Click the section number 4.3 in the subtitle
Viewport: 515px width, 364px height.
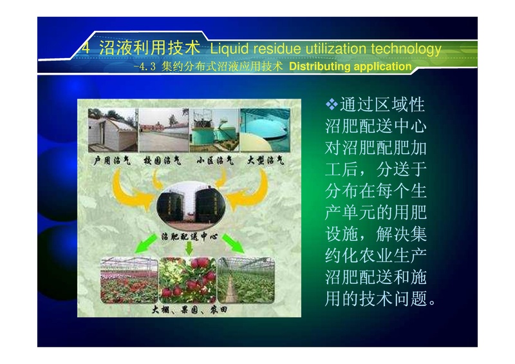pos(145,67)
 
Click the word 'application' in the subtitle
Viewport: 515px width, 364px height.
pos(382,67)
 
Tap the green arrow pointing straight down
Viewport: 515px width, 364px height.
pos(189,247)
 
